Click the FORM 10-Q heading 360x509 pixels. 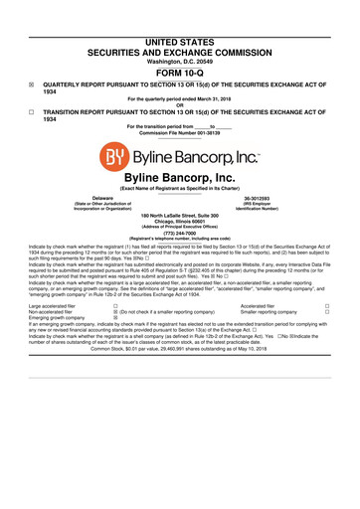click(x=180, y=72)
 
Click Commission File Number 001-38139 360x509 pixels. click(x=180, y=136)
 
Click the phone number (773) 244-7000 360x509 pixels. click(x=180, y=234)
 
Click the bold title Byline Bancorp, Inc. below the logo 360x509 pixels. click(x=180, y=176)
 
